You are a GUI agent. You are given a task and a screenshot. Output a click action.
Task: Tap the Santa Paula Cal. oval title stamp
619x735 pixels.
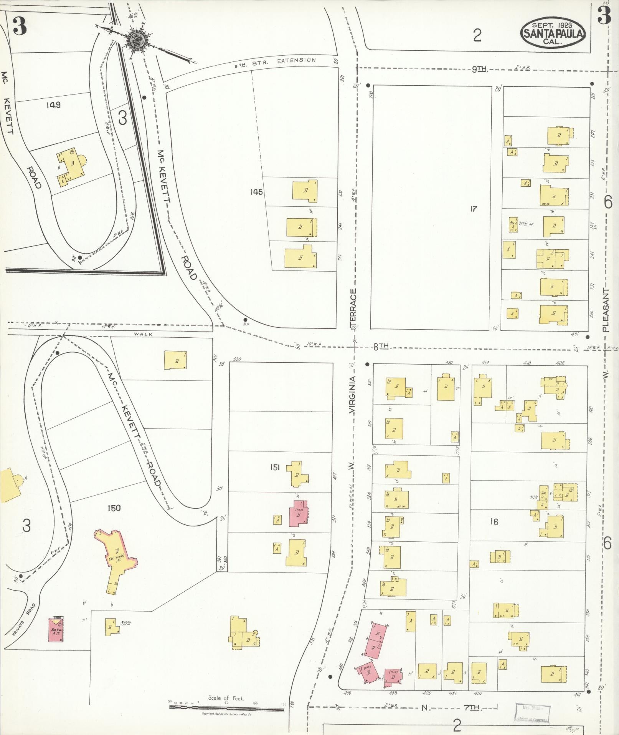click(553, 33)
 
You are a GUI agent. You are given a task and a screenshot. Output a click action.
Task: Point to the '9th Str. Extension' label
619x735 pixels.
click(275, 62)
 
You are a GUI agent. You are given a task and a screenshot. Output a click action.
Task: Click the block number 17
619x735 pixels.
click(473, 209)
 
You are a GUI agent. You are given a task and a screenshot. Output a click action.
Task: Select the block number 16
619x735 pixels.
click(494, 522)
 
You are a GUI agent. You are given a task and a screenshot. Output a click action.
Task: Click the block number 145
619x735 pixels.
click(256, 191)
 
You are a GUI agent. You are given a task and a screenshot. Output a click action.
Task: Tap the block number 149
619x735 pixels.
click(53, 105)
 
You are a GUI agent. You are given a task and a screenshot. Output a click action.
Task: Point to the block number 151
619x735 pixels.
click(275, 467)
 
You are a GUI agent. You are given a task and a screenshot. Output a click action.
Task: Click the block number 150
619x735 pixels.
click(114, 508)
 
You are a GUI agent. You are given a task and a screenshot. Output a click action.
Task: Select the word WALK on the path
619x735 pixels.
click(143, 334)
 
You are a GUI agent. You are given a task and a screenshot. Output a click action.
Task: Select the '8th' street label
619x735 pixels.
click(381, 347)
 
